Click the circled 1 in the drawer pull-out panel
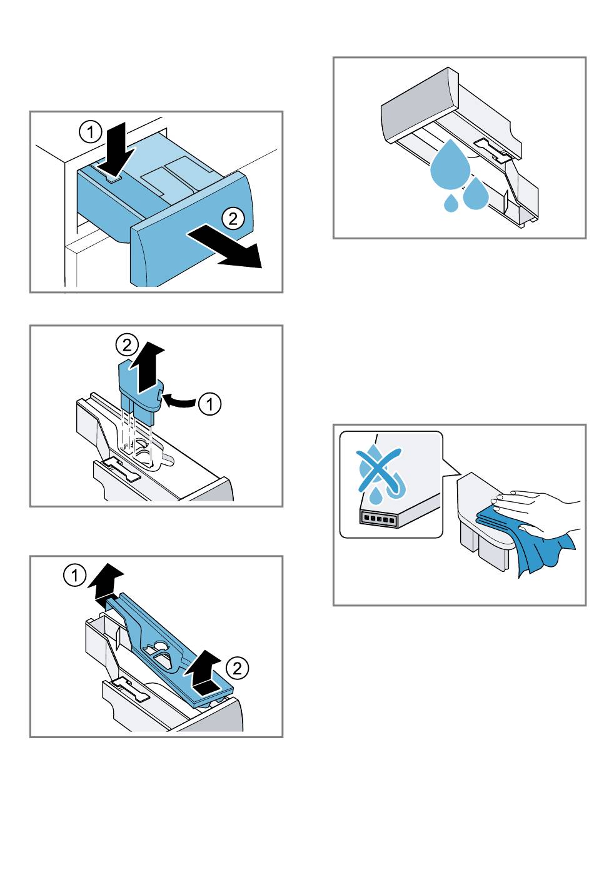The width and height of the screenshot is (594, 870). [91, 132]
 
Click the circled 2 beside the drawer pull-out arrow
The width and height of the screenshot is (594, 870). [233, 218]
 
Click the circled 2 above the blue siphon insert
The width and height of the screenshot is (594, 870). [127, 345]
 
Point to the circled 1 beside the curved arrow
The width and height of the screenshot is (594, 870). [210, 404]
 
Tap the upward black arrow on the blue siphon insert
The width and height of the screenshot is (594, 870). [148, 367]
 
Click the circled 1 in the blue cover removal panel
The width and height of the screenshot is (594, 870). [74, 575]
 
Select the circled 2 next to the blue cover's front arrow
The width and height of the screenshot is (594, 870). [237, 668]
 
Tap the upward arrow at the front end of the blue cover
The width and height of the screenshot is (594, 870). [204, 673]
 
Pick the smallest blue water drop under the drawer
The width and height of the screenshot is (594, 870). [451, 204]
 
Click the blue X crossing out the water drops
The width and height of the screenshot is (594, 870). [379, 471]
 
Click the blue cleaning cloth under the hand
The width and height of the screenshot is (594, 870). [526, 542]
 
